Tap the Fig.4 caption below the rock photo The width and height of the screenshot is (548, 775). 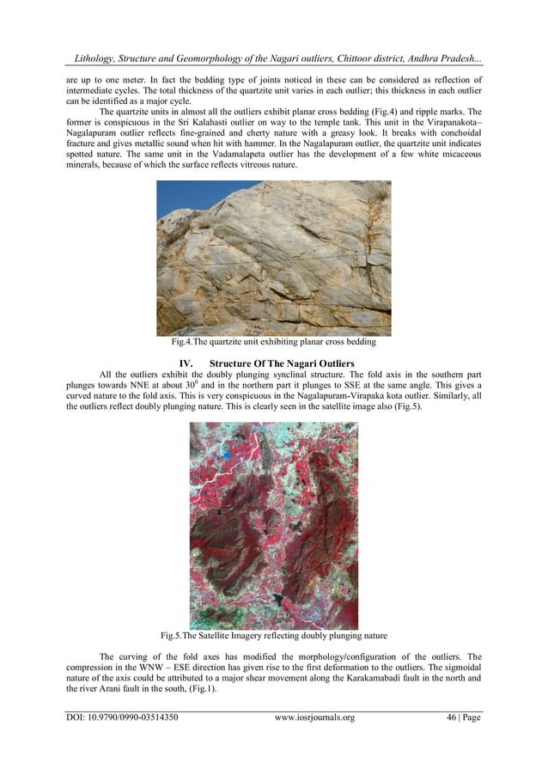click(273, 342)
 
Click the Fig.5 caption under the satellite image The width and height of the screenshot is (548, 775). click(273, 637)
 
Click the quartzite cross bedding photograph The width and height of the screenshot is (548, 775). click(273, 258)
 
